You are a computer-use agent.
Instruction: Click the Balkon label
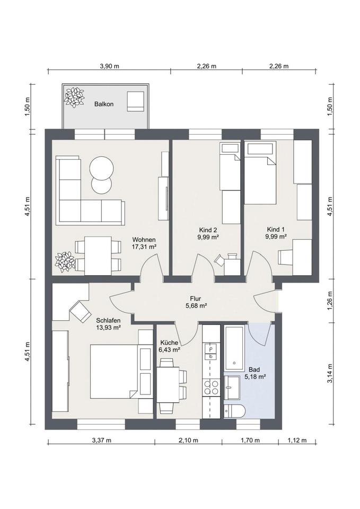[104, 104]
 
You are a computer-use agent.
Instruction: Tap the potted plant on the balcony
[74, 97]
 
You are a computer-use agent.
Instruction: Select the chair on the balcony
[135, 101]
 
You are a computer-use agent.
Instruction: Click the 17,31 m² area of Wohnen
[144, 247]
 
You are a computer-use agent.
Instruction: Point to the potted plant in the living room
[65, 262]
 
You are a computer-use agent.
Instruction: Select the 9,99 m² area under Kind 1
[276, 236]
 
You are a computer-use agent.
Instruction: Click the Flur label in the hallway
[196, 299]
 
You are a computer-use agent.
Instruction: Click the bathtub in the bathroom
[234, 348]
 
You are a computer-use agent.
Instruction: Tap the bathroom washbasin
[231, 388]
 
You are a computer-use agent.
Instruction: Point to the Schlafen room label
[108, 320]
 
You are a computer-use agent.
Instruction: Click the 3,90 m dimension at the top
[109, 66]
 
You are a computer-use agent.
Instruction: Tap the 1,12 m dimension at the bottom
[297, 440]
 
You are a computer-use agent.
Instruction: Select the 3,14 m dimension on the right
[330, 373]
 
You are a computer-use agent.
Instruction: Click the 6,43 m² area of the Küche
[170, 349]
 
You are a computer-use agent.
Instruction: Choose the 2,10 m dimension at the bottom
[188, 440]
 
